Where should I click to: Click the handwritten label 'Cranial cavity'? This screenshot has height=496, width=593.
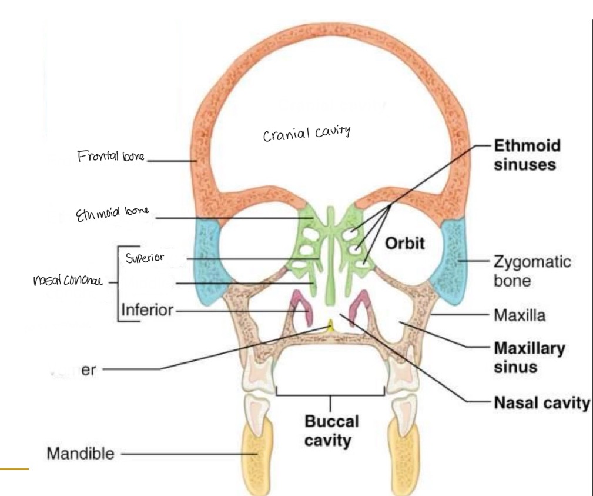point(306,134)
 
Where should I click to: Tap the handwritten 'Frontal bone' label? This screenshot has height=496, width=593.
point(110,157)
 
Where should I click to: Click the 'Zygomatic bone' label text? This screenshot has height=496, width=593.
point(532,271)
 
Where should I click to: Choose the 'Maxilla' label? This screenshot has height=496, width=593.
point(520,316)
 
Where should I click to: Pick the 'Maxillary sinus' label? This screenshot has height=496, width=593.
point(529,357)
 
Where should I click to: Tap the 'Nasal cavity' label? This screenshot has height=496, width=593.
point(541,402)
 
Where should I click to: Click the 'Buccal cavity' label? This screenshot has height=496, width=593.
point(331,431)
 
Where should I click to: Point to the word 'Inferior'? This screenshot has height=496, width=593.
point(147,309)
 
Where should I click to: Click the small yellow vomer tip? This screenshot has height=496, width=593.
point(331,325)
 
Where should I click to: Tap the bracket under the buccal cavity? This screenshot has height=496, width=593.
point(330,394)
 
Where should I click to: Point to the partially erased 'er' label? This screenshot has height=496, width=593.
point(88,369)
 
